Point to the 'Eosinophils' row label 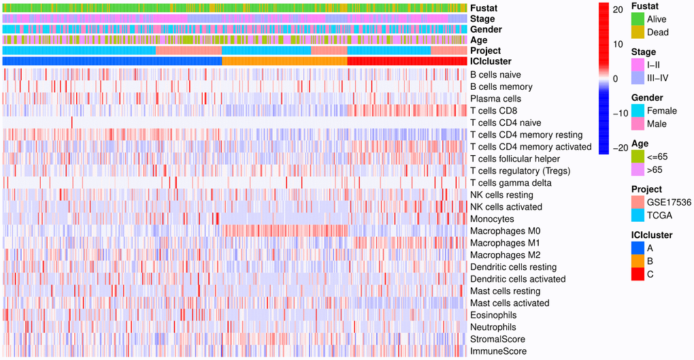(493, 315)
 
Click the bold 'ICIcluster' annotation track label (491, 62)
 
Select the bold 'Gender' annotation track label (486, 30)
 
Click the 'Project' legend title (646, 189)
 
